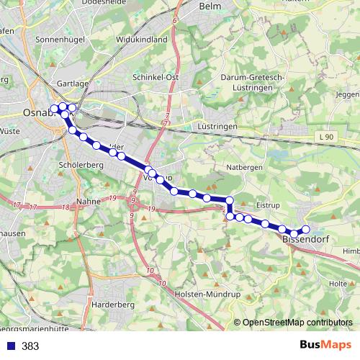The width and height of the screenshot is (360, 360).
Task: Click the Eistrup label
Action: pos(266,205)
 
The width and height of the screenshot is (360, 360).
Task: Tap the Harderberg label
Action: pos(114,305)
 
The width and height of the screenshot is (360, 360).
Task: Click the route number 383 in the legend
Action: pos(30,346)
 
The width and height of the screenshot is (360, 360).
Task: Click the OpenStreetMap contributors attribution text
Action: pos(297,322)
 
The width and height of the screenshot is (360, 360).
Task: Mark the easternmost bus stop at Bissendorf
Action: pos(305,230)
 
